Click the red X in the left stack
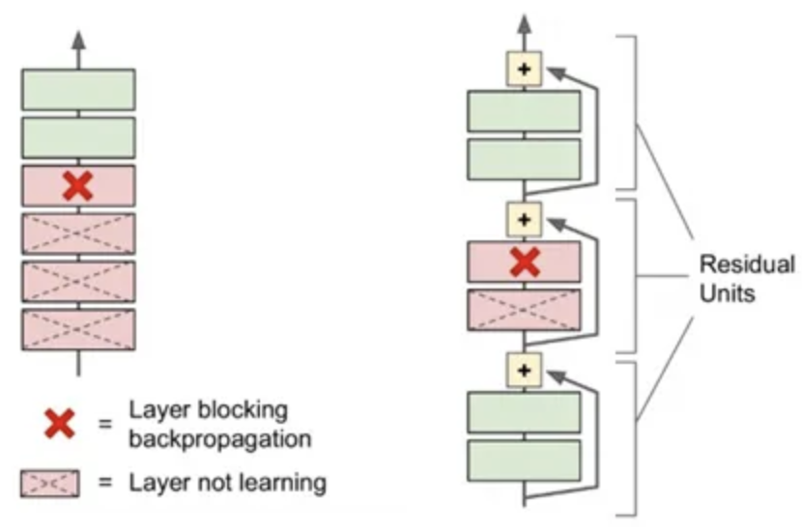pos(78,186)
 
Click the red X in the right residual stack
pos(524,262)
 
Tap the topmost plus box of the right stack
pos(524,69)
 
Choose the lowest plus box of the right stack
pos(524,370)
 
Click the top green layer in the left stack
pos(78,90)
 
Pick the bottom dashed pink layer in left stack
pos(78,329)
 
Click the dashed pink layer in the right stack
pos(524,309)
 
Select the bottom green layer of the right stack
pos(524,459)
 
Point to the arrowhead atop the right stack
pos(524,21)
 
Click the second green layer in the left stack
pos(78,138)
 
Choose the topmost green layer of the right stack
pos(524,111)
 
